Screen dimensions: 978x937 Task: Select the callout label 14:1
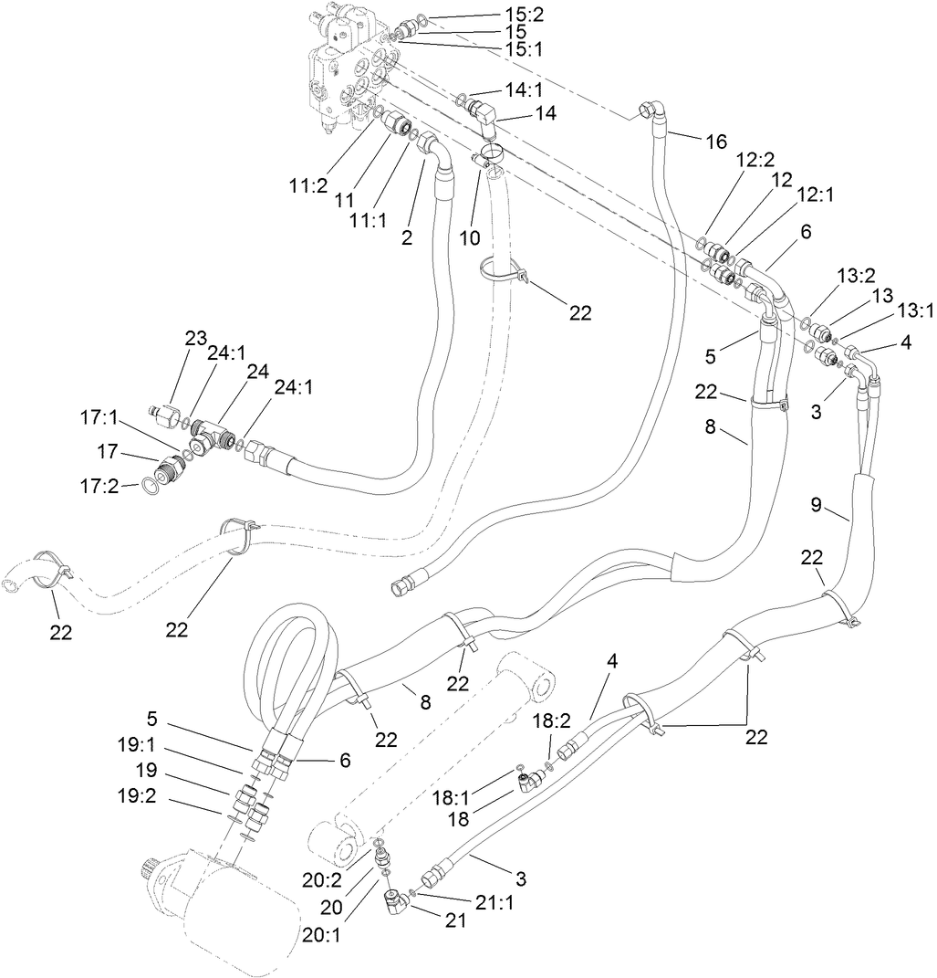click(x=524, y=89)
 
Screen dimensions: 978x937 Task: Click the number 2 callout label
click(x=406, y=238)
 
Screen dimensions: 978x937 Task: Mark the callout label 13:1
click(x=915, y=310)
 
